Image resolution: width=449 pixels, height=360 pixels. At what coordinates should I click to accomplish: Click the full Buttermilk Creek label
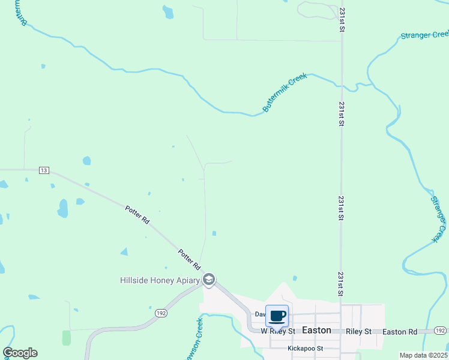[285, 93]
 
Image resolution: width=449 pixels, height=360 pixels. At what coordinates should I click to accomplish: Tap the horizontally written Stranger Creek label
[424, 35]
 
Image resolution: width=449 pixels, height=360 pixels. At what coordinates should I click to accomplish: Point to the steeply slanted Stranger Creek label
[439, 217]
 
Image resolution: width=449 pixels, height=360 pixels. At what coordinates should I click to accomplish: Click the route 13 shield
[43, 170]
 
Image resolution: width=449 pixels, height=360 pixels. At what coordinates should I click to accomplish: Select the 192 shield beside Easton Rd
[440, 331]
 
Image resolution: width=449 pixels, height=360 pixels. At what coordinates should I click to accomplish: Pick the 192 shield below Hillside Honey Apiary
[161, 313]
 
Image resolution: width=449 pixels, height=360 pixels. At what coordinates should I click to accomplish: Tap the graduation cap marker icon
[209, 280]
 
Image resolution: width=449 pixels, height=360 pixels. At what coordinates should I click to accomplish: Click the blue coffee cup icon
[277, 316]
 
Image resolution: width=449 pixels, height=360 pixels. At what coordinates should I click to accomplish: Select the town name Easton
[316, 330]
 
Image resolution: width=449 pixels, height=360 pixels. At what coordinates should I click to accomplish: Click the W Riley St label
[279, 331]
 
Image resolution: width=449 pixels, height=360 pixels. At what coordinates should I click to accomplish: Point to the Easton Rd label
[399, 331]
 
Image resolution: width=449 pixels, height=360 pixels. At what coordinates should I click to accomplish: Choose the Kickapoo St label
[306, 348]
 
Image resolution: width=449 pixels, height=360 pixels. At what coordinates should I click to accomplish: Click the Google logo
[20, 353]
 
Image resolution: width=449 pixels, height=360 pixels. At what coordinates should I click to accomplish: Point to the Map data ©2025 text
[423, 355]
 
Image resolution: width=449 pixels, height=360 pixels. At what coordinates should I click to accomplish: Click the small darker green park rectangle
[66, 338]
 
